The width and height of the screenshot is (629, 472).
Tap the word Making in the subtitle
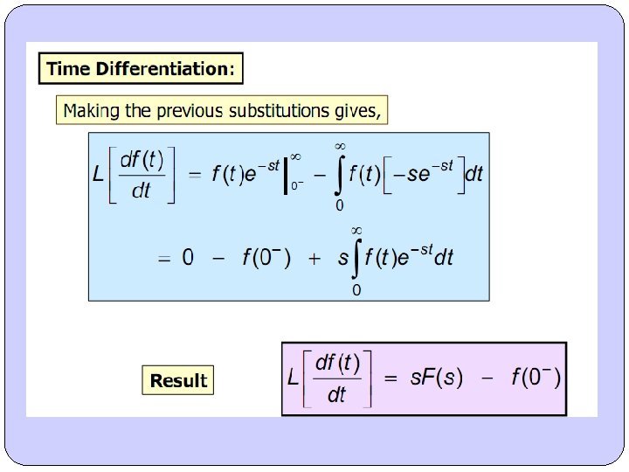(94, 111)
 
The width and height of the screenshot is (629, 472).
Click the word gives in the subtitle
(359, 111)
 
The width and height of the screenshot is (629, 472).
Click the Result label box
(178, 380)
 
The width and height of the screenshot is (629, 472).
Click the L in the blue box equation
(99, 174)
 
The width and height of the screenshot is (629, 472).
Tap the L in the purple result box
(293, 378)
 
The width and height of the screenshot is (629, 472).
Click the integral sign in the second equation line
(356, 258)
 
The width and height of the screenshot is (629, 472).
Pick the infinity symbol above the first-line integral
(340, 145)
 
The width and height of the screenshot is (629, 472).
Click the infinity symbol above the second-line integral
(356, 230)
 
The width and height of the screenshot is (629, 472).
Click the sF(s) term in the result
(437, 378)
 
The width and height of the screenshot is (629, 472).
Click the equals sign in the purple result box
(391, 378)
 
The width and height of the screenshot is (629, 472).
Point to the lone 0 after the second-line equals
(188, 259)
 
